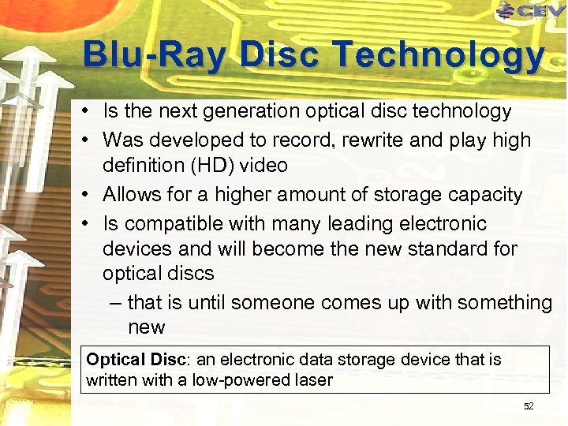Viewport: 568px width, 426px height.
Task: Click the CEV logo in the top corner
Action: click(x=530, y=10)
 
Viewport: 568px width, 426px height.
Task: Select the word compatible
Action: click(x=173, y=223)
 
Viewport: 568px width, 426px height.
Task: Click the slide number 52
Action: click(x=529, y=406)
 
